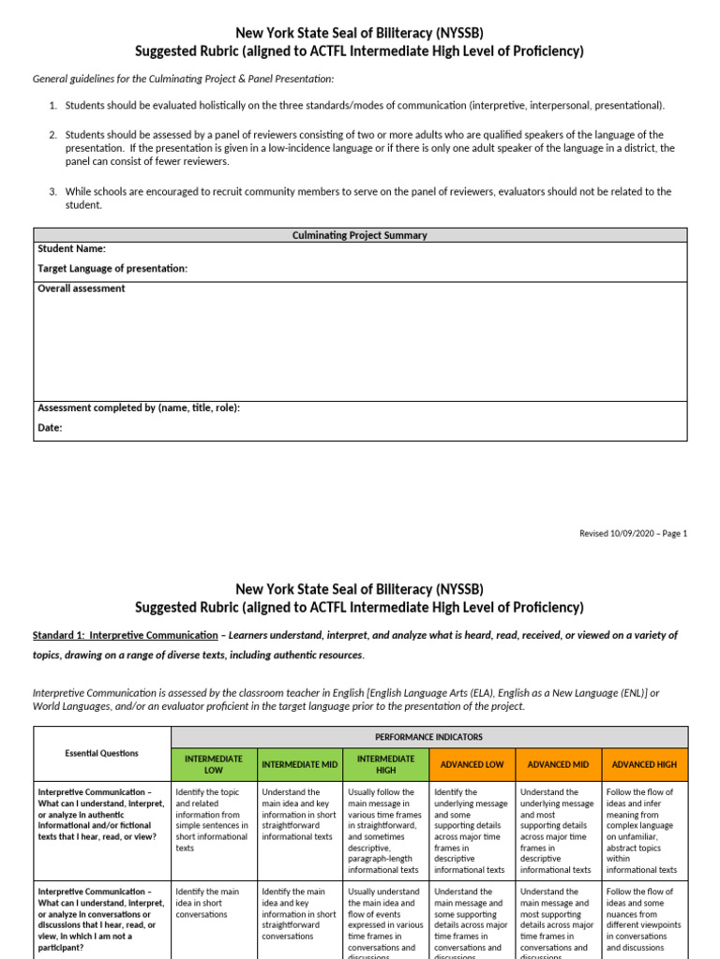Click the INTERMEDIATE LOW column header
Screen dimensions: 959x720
216,764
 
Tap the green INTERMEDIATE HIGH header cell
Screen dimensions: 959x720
386,764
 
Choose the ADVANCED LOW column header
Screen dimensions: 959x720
472,764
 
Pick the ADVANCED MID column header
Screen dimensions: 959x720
559,764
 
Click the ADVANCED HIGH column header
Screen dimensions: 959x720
644,764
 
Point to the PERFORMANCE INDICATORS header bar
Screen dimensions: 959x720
429,737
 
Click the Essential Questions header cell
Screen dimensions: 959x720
101,753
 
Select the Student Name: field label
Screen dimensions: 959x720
71,249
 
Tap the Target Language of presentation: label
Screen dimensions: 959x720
112,269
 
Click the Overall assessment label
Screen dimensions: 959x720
81,288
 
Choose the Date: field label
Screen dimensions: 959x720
50,428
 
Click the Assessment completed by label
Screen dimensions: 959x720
139,407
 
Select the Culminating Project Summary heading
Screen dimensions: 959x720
360,235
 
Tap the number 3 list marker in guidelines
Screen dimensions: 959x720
53,191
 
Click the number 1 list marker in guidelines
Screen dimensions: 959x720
53,106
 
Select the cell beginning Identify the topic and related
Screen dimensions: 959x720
214,819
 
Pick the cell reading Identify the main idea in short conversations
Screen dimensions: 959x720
214,903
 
